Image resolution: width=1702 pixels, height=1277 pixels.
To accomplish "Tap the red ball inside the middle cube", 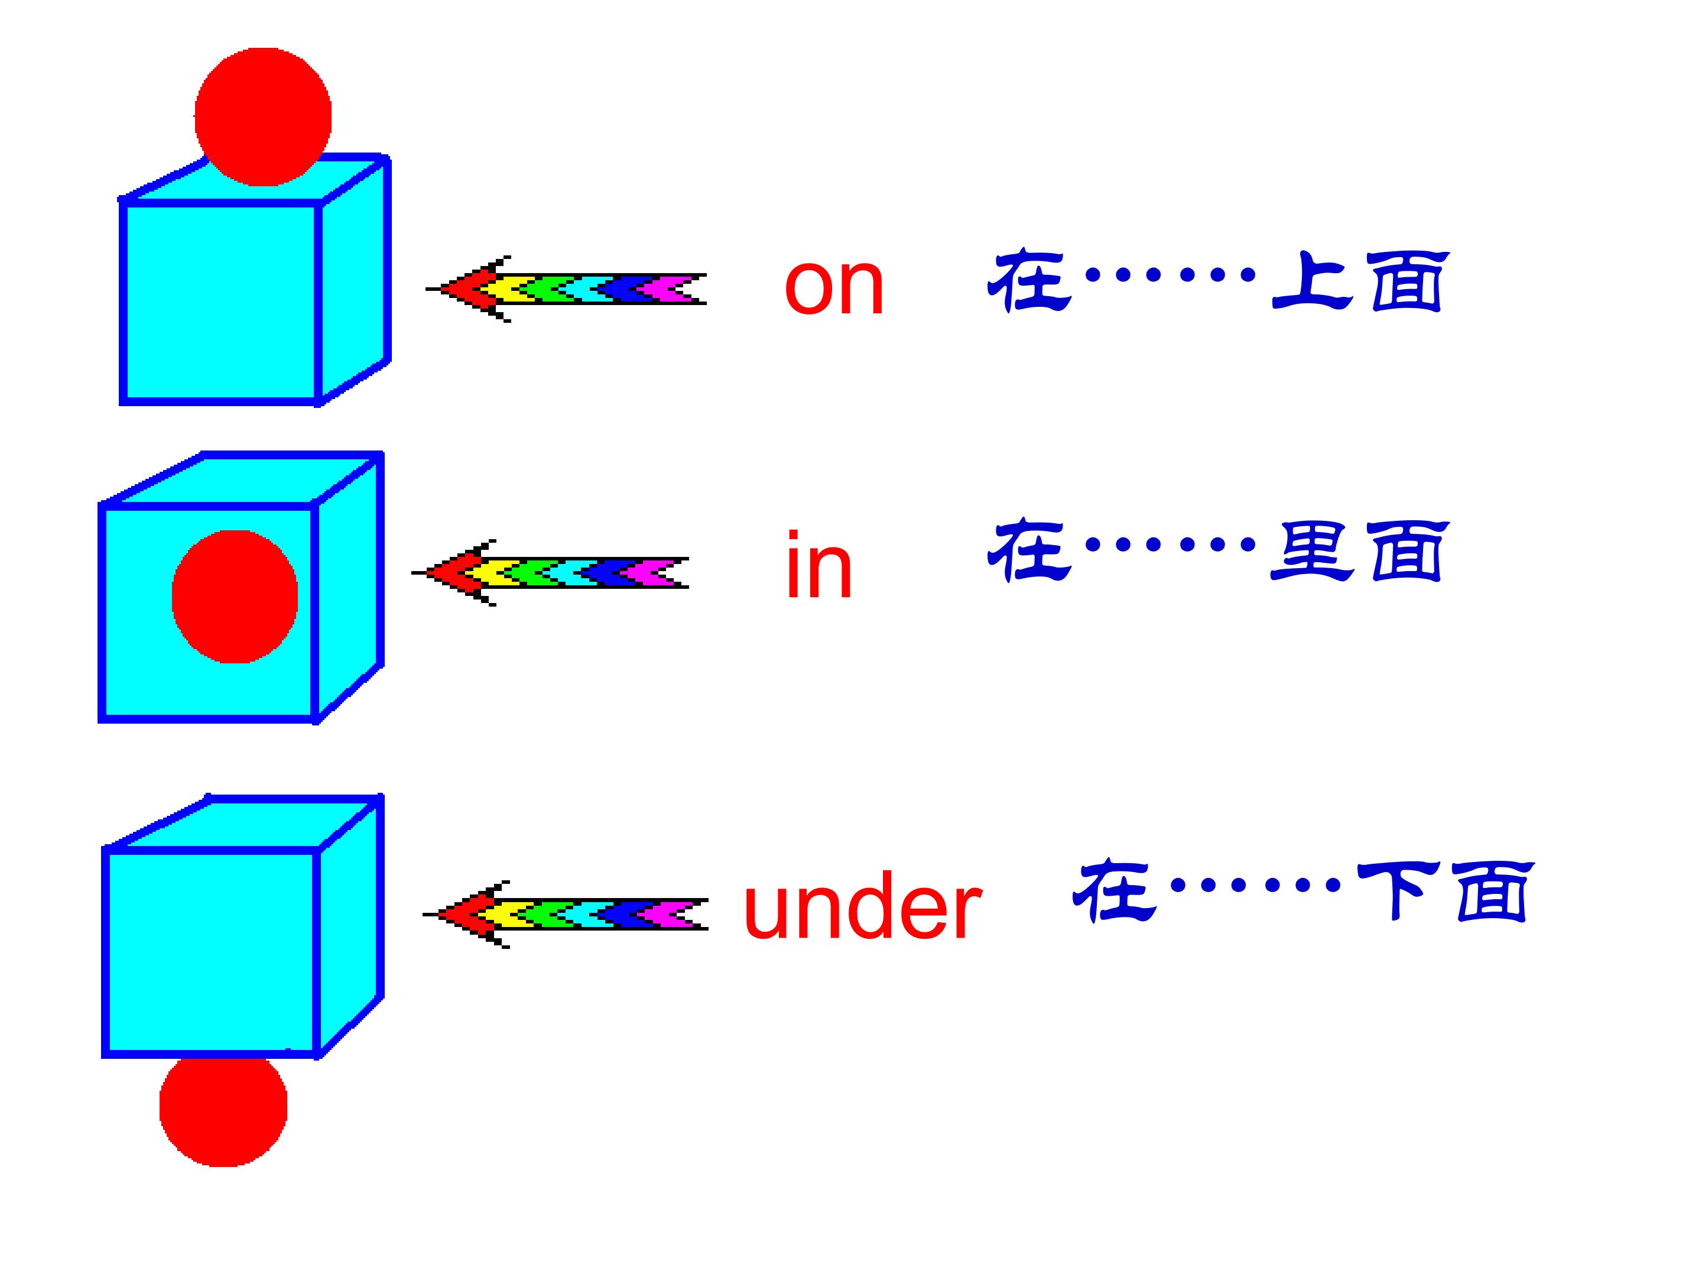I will tap(235, 597).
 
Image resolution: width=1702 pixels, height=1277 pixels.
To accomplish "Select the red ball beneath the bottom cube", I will tap(223, 1109).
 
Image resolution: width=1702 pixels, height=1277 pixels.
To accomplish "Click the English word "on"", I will tap(834, 286).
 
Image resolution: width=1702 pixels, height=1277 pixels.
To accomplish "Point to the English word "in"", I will tap(818, 566).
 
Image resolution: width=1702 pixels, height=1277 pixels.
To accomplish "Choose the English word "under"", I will tap(862, 908).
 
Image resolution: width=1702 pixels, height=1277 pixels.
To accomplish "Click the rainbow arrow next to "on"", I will tap(566, 289).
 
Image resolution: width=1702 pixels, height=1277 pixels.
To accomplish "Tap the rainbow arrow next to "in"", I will tap(551, 572).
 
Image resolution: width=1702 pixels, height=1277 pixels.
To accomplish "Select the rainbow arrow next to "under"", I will tap(566, 913).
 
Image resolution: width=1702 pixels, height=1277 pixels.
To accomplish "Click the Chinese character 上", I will tap(1311, 281).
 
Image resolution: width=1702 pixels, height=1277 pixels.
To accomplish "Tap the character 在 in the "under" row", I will tap(1113, 892).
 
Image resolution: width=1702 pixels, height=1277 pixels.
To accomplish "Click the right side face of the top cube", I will tap(354, 277).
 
